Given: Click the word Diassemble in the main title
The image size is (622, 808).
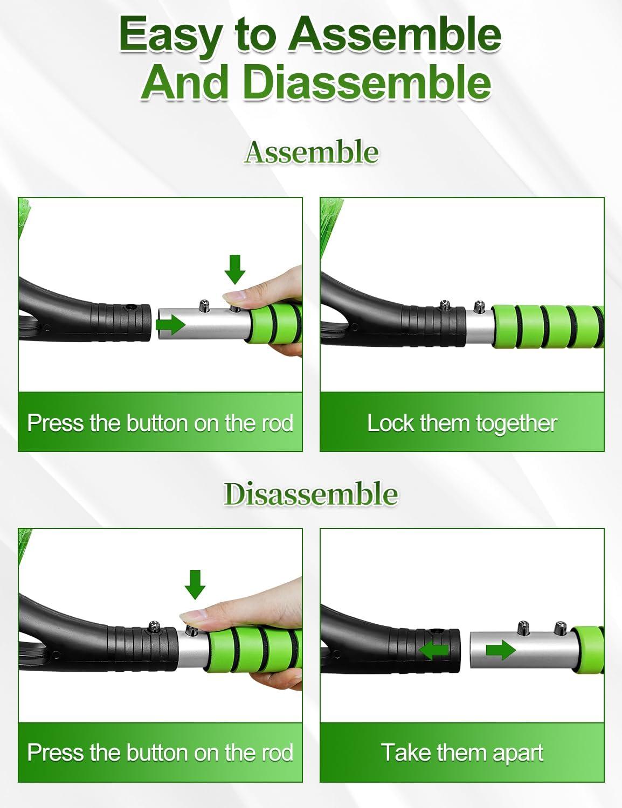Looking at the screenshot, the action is (x=367, y=81).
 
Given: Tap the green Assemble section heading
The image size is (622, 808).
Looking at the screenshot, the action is (x=312, y=152).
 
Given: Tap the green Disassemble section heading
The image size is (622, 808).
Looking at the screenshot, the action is (x=311, y=493).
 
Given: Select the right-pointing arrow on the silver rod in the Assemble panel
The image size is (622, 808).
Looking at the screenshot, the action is (x=171, y=325).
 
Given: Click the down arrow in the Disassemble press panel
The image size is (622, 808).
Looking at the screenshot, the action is (x=195, y=585).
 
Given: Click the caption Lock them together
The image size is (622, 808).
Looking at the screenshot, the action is (x=462, y=423).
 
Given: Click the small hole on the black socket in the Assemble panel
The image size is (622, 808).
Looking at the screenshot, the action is (x=130, y=307).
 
